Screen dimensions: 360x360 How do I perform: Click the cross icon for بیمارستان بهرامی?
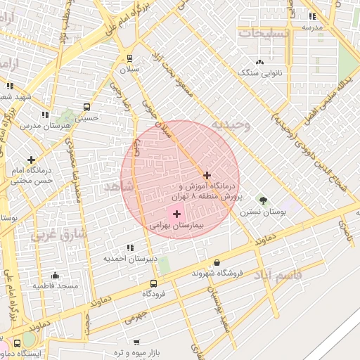(x=176, y=213)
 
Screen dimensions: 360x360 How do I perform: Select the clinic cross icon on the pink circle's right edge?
(x=207, y=174)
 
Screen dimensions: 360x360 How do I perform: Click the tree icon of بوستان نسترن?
(x=263, y=200)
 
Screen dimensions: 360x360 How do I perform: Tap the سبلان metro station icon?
(x=129, y=58)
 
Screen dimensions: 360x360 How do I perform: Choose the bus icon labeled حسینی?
(x=86, y=108)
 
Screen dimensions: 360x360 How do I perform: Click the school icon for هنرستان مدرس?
(x=46, y=114)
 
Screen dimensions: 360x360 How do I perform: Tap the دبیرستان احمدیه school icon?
(x=130, y=247)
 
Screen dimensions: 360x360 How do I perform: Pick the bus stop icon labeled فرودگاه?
(x=153, y=283)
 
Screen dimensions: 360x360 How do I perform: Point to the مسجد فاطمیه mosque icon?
(x=56, y=276)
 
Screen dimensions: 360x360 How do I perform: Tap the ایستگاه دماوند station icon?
(x=17, y=342)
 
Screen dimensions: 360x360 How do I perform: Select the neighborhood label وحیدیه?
(x=231, y=124)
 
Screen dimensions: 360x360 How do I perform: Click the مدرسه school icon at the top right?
(x=313, y=16)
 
